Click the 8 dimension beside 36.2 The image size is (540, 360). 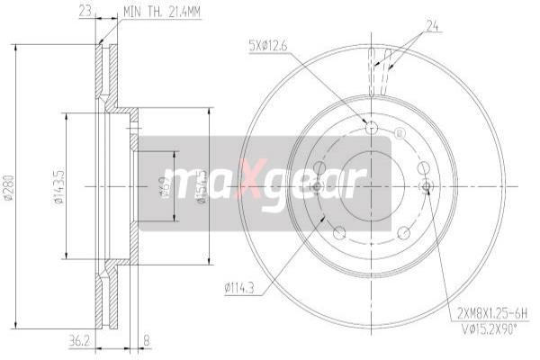point(147,341)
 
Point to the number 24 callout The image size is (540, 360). point(431,26)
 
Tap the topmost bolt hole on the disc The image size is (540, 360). point(373,128)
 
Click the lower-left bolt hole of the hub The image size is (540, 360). point(338,232)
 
